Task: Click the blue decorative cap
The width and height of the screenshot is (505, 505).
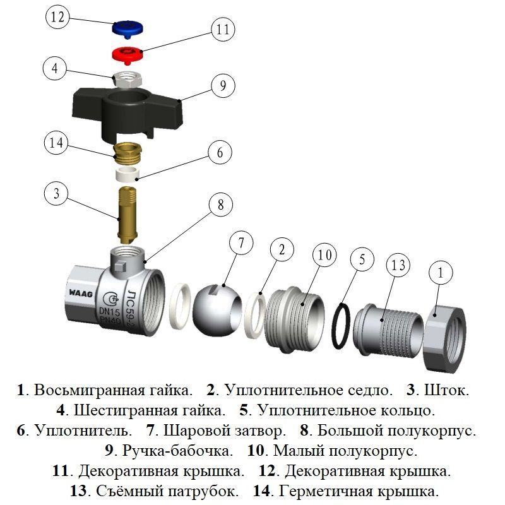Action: [x=127, y=28]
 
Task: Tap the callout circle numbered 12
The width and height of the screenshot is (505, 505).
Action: [x=57, y=18]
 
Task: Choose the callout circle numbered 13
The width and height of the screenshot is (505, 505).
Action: [x=398, y=264]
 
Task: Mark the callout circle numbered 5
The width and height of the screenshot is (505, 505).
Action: [x=362, y=259]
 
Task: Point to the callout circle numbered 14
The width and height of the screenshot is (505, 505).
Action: [x=57, y=143]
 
